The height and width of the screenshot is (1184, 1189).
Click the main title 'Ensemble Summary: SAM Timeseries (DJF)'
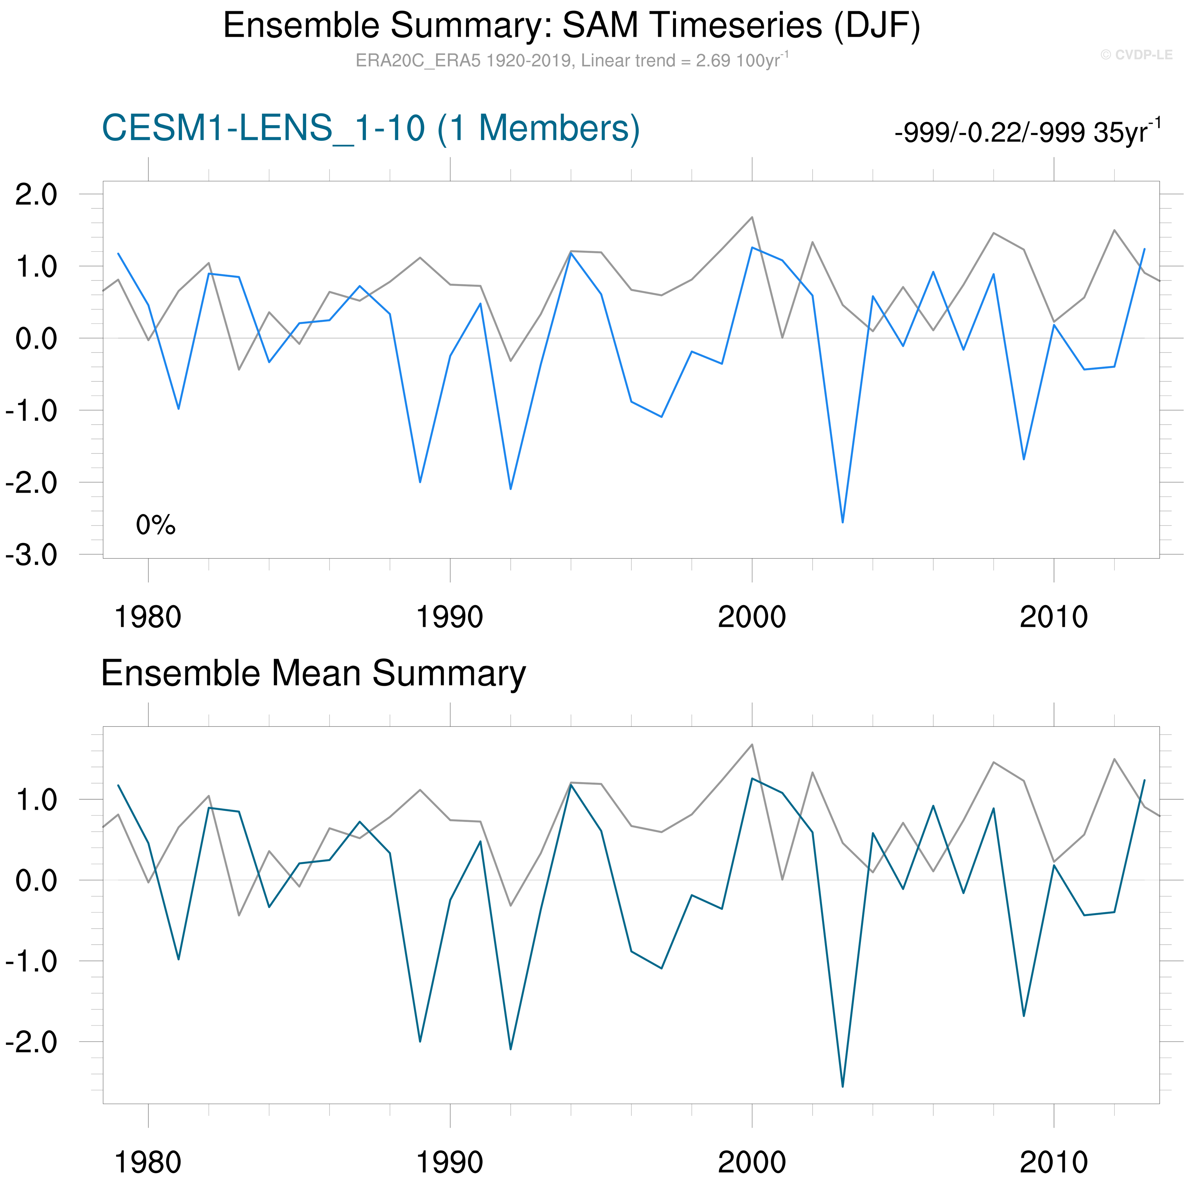(571, 26)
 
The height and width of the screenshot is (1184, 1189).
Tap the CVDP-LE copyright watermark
(1136, 55)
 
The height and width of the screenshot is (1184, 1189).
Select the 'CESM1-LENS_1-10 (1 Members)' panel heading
(371, 129)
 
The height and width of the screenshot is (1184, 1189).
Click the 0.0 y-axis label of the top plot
(36, 339)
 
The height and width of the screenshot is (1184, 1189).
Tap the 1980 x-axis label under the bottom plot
(148, 1162)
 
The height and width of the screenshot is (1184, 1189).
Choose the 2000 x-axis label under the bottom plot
(751, 1162)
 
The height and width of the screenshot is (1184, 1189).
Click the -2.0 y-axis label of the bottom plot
(31, 1042)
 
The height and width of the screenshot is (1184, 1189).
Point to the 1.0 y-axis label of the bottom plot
(36, 800)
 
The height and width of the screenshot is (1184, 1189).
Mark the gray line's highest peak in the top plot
(751, 217)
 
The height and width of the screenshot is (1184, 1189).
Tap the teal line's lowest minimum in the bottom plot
(842, 1086)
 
